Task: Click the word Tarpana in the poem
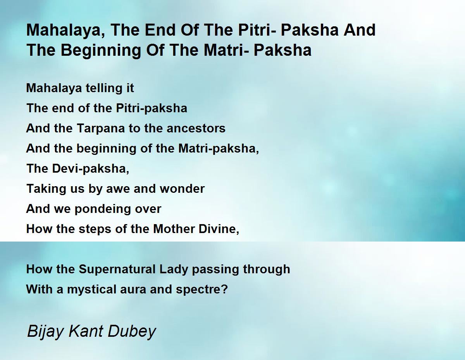click(101, 129)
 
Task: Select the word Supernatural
click(117, 269)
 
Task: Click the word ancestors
click(196, 129)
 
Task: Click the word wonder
click(182, 189)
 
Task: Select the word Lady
click(174, 269)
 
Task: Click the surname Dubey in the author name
click(132, 332)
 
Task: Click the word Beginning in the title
click(100, 51)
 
